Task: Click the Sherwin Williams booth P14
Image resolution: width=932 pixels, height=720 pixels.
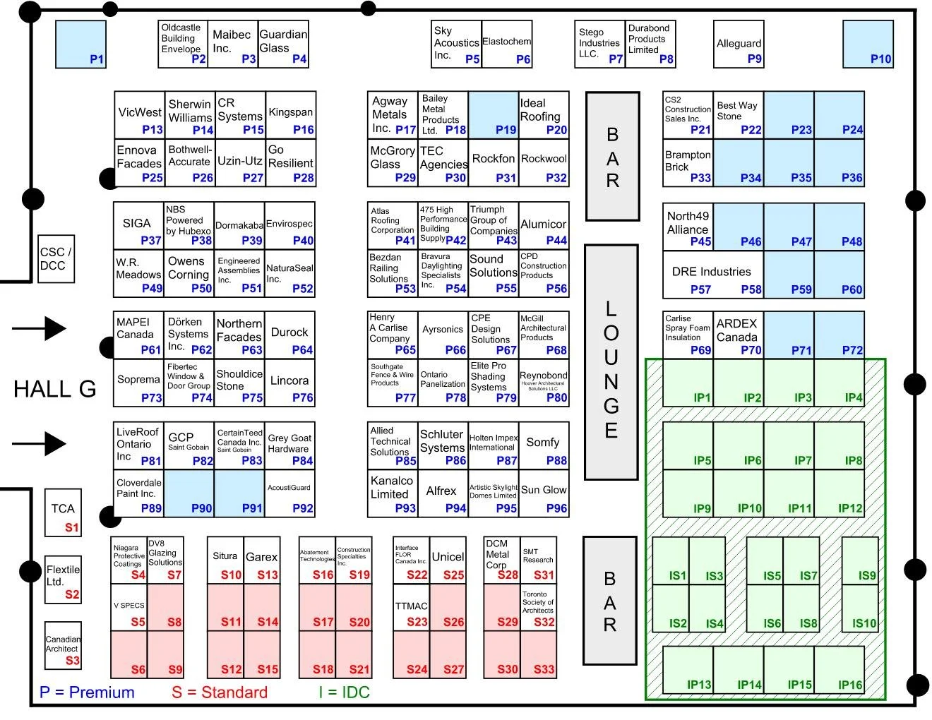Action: (190, 115)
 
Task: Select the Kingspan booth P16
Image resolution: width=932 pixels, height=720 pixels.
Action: (291, 115)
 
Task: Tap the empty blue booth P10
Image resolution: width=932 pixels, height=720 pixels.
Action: (868, 44)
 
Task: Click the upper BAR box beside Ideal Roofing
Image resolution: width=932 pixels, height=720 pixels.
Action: (612, 156)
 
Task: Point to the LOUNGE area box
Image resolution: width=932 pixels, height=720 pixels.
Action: (611, 362)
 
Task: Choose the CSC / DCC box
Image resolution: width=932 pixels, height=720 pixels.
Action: (56, 259)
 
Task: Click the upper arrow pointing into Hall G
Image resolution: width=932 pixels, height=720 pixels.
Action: (40, 328)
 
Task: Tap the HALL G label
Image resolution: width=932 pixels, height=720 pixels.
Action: (54, 389)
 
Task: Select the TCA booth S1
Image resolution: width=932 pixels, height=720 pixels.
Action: (63, 513)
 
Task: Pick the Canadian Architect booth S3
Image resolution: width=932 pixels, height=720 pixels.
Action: (63, 646)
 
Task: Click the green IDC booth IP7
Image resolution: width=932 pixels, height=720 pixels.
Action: (789, 446)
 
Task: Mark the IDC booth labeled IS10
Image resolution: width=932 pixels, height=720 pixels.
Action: (860, 609)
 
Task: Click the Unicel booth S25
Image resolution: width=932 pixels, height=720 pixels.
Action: (448, 560)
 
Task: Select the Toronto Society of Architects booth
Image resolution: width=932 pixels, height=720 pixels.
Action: (538, 608)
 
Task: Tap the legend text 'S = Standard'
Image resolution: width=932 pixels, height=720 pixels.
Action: (220, 692)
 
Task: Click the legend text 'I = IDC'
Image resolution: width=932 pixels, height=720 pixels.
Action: (344, 692)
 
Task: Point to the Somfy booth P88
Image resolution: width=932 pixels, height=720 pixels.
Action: (544, 446)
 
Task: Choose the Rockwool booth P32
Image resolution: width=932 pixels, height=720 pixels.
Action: (544, 163)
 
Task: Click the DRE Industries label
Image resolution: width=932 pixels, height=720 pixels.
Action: (712, 272)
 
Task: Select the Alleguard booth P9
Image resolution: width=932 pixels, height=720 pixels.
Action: (739, 44)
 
